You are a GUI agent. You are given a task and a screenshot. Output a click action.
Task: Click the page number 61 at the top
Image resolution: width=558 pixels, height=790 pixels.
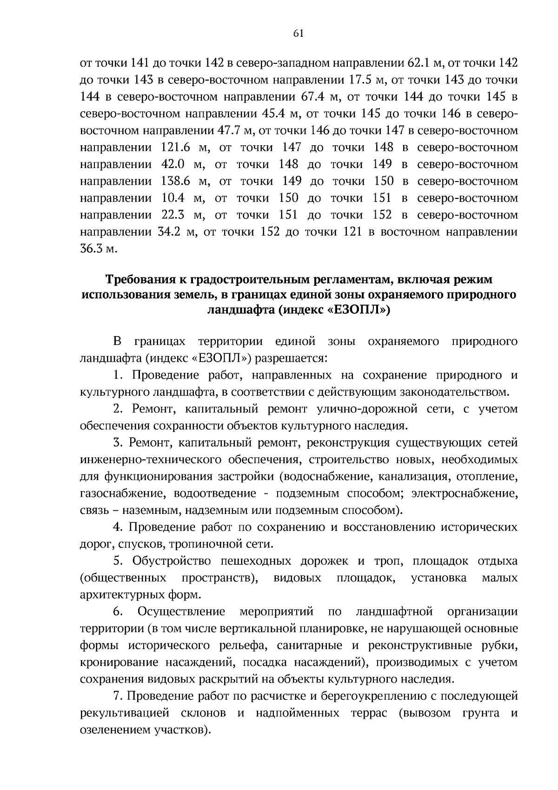tap(299, 33)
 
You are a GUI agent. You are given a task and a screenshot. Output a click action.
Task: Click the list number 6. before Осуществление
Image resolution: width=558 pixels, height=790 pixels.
tap(117, 611)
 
